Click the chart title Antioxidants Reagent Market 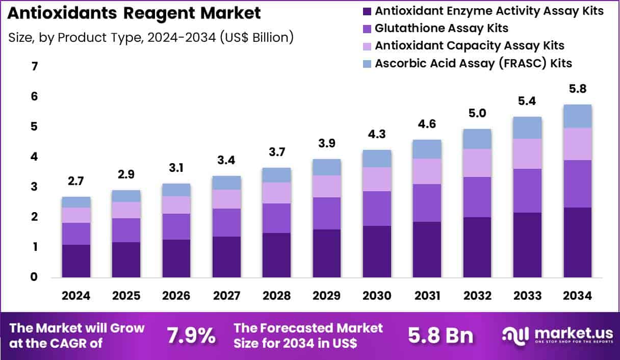[134, 14]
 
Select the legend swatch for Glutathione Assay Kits [366, 28]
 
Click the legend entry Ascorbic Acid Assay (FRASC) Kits [473, 63]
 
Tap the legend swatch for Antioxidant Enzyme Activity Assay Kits [366, 11]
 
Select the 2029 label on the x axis [326, 296]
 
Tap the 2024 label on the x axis [76, 296]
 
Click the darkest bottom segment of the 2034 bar [577, 242]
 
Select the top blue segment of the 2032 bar [477, 139]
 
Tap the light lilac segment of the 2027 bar [226, 199]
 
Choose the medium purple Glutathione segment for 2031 [427, 202]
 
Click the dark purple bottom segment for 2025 [126, 260]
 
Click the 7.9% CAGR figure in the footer [191, 336]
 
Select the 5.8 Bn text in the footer [440, 336]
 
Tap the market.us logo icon [515, 335]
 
